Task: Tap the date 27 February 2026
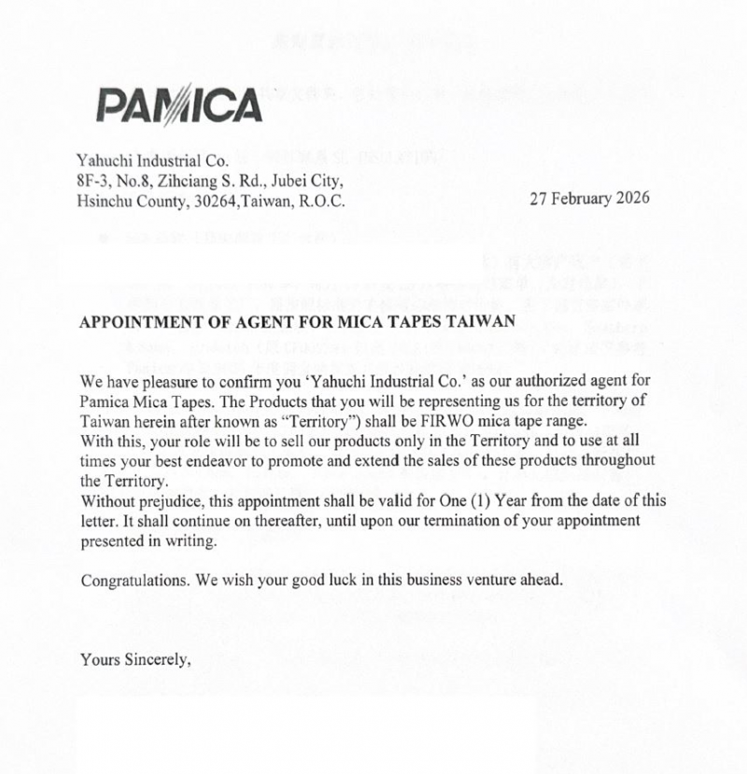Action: click(588, 198)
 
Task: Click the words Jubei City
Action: click(312, 180)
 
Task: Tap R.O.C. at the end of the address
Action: click(321, 200)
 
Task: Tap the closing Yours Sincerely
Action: click(136, 659)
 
